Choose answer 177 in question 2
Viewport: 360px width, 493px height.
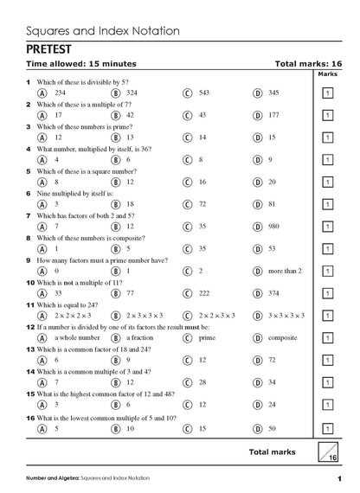[279, 113]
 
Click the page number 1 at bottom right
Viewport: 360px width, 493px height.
[340, 479]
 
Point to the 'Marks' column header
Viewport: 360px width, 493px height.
[327, 74]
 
